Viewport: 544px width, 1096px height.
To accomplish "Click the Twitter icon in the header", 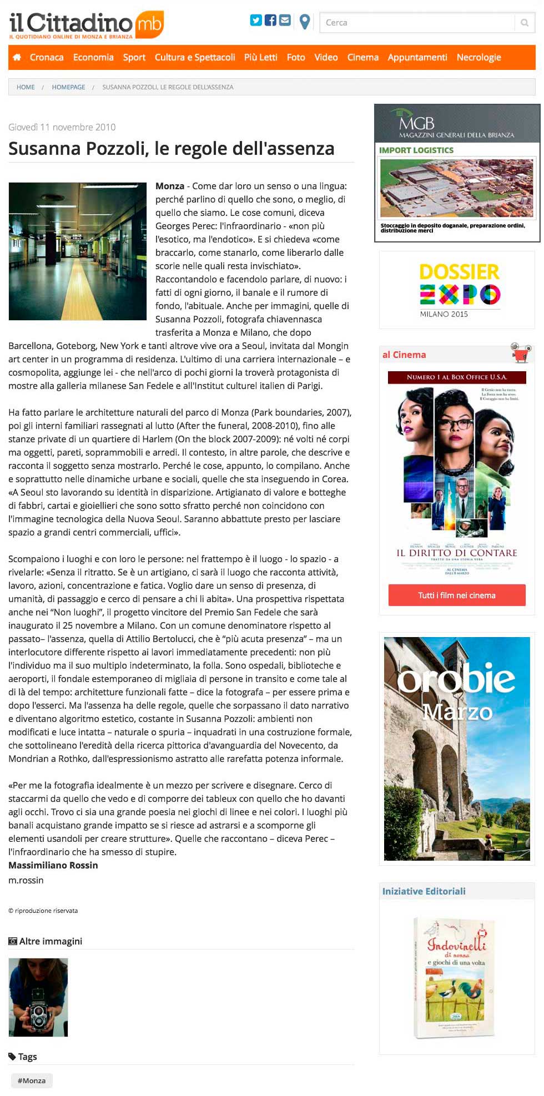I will click(x=256, y=21).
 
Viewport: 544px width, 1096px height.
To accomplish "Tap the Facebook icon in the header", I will click(x=270, y=21).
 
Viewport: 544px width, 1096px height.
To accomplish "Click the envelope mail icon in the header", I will click(x=285, y=21).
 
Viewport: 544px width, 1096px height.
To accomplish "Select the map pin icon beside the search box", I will click(x=304, y=22).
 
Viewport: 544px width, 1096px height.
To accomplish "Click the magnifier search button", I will click(x=524, y=23).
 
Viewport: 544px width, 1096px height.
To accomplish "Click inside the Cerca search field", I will click(x=416, y=23).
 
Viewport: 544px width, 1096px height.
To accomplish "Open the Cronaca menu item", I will click(x=47, y=57).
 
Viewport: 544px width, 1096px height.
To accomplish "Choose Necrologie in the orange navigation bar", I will click(x=478, y=57).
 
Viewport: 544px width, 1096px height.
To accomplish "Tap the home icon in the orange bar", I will click(x=17, y=57).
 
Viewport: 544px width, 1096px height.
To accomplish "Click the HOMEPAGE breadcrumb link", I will click(x=68, y=87).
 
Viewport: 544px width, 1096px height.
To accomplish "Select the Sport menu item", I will click(x=134, y=57).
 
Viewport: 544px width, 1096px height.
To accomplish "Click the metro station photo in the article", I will click(x=77, y=251).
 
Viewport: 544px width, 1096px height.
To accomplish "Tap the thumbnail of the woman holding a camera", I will click(x=38, y=997).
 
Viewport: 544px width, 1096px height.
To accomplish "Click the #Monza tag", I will click(x=32, y=1080).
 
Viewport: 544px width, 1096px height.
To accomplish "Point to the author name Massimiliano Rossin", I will click(x=53, y=865).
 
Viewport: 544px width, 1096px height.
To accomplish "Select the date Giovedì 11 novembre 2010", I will click(x=62, y=127).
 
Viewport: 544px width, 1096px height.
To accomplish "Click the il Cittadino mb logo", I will click(x=86, y=24).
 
